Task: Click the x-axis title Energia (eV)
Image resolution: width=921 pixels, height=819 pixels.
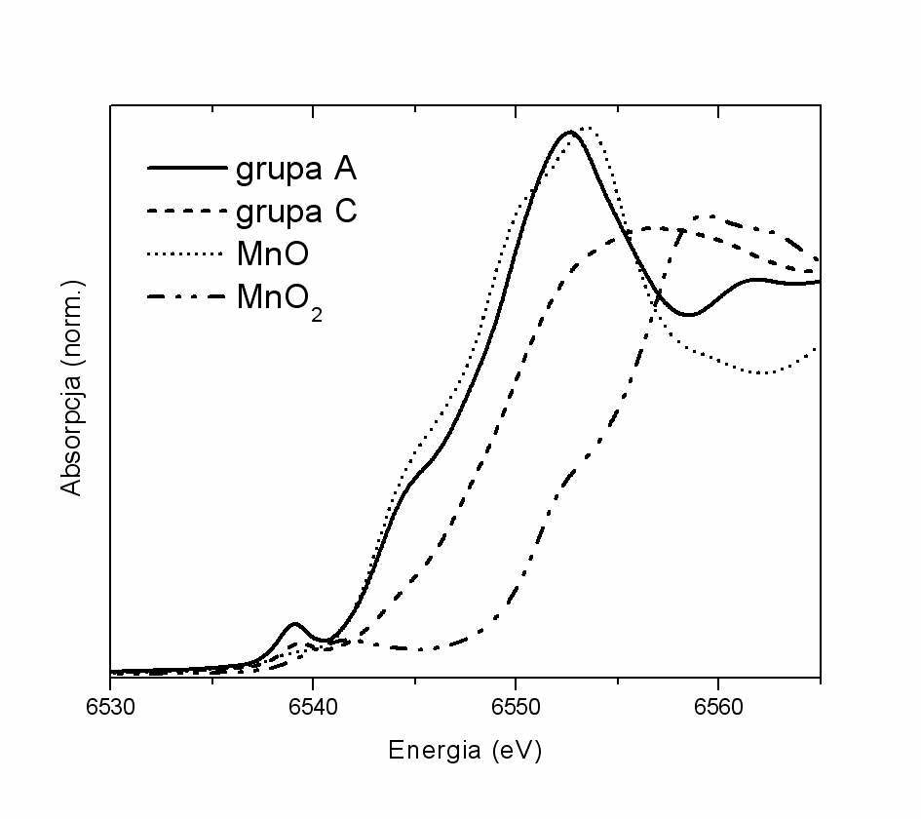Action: click(465, 751)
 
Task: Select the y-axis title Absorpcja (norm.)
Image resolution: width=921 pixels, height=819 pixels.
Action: click(72, 388)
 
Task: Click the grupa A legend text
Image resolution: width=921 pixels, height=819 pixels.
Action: click(296, 169)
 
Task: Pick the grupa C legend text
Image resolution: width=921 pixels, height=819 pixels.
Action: click(296, 212)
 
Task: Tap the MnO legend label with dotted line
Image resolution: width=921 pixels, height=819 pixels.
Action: click(272, 253)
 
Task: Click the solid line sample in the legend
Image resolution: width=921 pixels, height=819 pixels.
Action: click(186, 169)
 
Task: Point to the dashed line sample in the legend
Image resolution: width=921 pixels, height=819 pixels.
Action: click(186, 212)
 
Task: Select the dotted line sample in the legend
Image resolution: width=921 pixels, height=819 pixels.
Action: click(186, 254)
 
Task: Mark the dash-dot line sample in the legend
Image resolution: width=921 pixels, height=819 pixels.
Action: click(186, 296)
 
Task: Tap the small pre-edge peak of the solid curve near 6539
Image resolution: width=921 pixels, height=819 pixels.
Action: click(294, 623)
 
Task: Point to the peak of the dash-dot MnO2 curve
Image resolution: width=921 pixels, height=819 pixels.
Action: click(709, 216)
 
